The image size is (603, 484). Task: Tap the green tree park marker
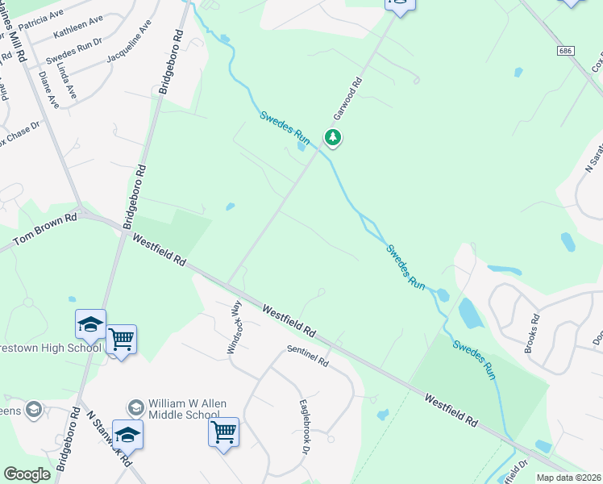tap(332, 138)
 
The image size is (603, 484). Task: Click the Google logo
tap(27, 474)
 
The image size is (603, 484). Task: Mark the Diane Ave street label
tap(48, 90)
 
